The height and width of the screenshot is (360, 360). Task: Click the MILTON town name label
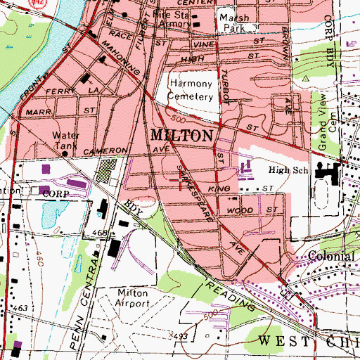179,136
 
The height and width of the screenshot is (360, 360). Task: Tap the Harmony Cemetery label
194,89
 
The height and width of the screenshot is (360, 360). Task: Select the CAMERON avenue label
105,151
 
